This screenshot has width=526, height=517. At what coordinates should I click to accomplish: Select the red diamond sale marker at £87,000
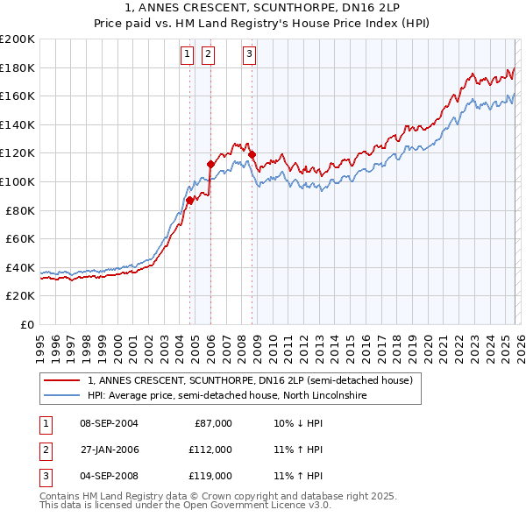tap(189, 200)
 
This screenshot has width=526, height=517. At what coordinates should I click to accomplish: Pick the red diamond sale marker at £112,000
tap(210, 164)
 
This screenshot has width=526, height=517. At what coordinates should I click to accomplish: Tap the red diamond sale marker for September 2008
tap(252, 154)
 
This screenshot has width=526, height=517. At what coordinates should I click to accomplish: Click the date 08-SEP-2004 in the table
tap(109, 423)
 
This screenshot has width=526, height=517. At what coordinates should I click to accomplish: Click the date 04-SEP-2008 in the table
tap(109, 476)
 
